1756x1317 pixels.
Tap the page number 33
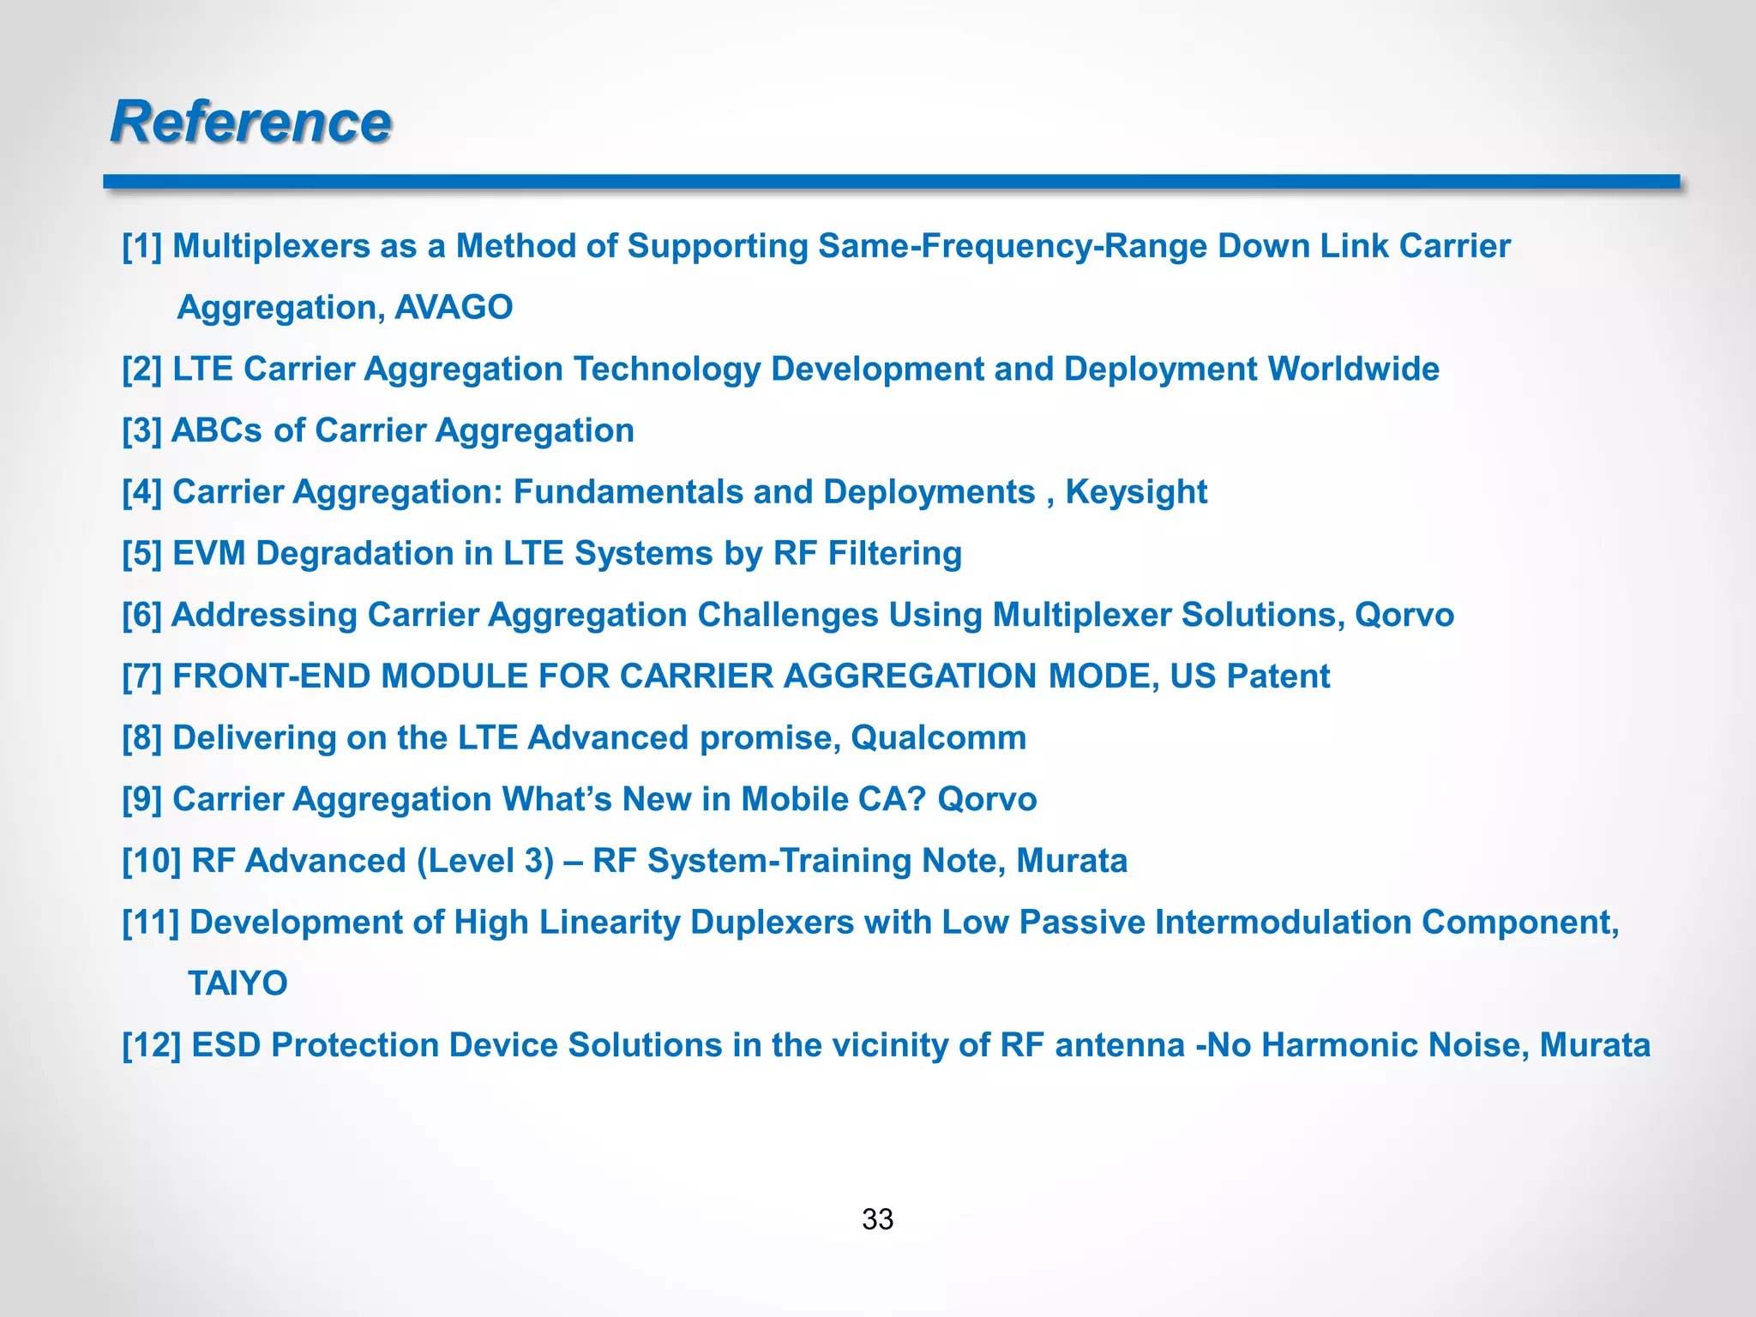click(x=877, y=1218)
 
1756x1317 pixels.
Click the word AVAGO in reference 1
click(x=454, y=307)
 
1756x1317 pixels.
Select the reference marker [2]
click(x=141, y=370)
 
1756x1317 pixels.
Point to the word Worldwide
click(x=1353, y=370)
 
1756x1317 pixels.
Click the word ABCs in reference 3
click(x=217, y=430)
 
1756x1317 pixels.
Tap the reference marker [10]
click(x=151, y=861)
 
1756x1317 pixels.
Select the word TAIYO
click(x=238, y=983)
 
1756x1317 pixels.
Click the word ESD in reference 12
click(x=226, y=1045)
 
